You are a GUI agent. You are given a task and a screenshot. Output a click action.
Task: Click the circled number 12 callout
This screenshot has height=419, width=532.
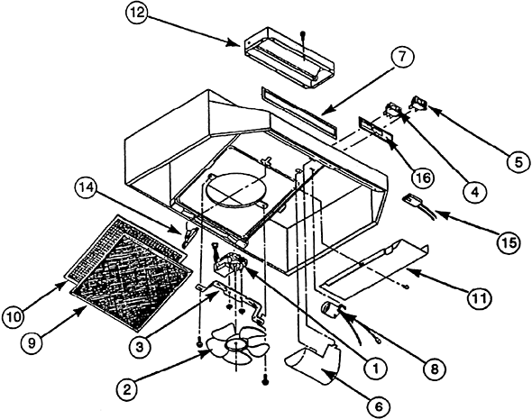(x=137, y=14)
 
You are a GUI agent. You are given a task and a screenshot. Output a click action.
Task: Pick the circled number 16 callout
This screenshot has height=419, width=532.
(x=423, y=178)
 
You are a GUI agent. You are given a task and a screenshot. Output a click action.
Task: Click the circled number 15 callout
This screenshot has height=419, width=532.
(x=509, y=242)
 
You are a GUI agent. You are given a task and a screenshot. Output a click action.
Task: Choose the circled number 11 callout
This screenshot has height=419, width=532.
(x=479, y=298)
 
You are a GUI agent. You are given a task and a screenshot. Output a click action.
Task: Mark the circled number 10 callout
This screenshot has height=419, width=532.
(x=13, y=317)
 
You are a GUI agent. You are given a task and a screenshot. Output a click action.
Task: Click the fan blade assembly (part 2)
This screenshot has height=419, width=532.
(x=236, y=345)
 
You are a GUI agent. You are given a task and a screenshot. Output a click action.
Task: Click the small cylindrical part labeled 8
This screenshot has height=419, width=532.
(x=329, y=309)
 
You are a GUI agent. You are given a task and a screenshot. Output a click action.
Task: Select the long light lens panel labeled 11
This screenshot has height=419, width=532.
(x=373, y=269)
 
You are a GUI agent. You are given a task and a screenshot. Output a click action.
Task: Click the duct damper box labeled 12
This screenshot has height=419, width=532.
(x=289, y=57)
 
